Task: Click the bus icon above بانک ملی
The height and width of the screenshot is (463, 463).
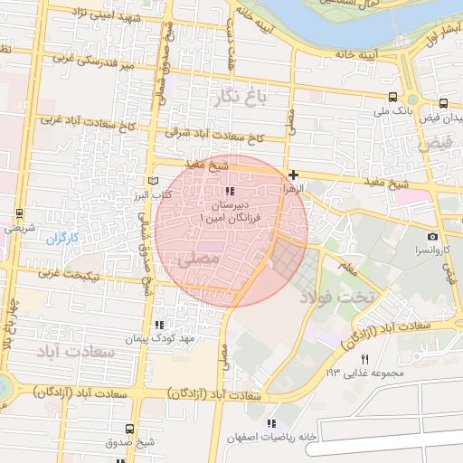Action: (x=392, y=98)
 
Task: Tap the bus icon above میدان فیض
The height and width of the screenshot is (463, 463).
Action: (x=443, y=104)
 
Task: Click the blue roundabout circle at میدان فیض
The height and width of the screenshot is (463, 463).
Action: (x=412, y=100)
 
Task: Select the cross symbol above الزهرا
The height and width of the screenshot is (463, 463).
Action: (x=293, y=175)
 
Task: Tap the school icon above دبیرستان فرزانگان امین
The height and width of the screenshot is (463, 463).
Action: (x=229, y=192)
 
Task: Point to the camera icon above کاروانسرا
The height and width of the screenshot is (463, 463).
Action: (x=433, y=235)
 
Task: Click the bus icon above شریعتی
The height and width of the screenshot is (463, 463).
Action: (x=19, y=214)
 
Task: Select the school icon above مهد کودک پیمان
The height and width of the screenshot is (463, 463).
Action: (x=160, y=325)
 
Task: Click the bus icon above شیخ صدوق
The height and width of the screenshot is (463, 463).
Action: (x=131, y=429)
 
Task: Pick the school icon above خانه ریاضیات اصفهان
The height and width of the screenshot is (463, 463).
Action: (x=270, y=423)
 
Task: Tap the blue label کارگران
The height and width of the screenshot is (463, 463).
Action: (x=63, y=239)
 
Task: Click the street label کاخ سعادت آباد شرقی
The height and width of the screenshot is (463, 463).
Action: (x=214, y=135)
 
